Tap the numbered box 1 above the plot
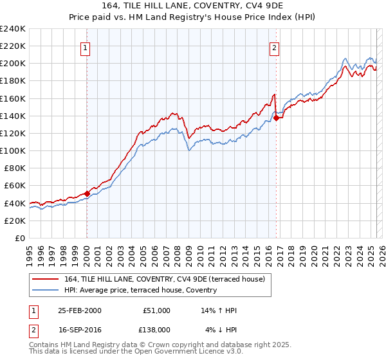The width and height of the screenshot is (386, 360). (86, 46)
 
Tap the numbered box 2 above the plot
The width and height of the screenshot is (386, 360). (275, 46)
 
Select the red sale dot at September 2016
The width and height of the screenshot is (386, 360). (276, 118)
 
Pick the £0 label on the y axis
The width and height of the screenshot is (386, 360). (19, 238)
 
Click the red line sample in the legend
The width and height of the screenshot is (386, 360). (46, 279)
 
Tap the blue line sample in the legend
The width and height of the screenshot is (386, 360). (46, 290)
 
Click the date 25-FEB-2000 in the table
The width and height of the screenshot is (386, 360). (79, 310)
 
